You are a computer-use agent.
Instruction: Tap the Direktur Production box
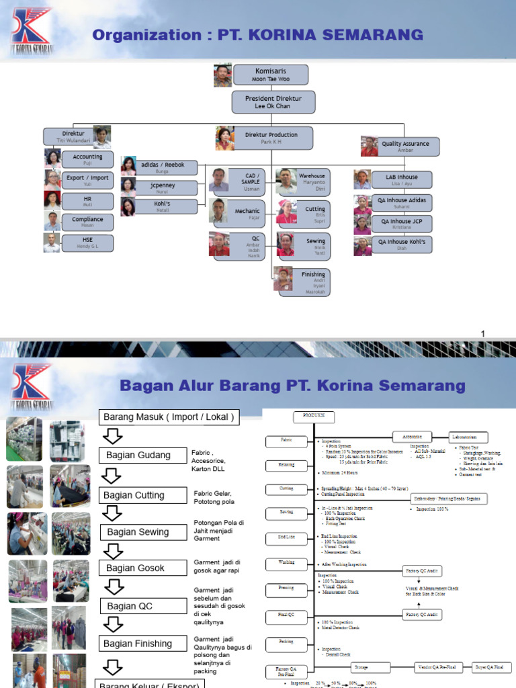coord(272,138)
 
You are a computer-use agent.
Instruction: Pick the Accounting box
coord(87,159)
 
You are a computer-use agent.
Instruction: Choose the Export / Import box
coord(87,180)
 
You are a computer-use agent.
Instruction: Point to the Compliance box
coord(87,222)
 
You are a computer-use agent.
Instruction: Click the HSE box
coord(87,243)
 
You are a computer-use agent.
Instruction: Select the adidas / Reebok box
coord(167,167)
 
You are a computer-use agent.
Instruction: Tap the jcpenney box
coord(167,188)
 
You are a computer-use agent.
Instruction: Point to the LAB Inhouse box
coord(401,180)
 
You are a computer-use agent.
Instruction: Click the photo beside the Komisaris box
coord(223,75)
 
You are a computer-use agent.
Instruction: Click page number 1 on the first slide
coord(483,334)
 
